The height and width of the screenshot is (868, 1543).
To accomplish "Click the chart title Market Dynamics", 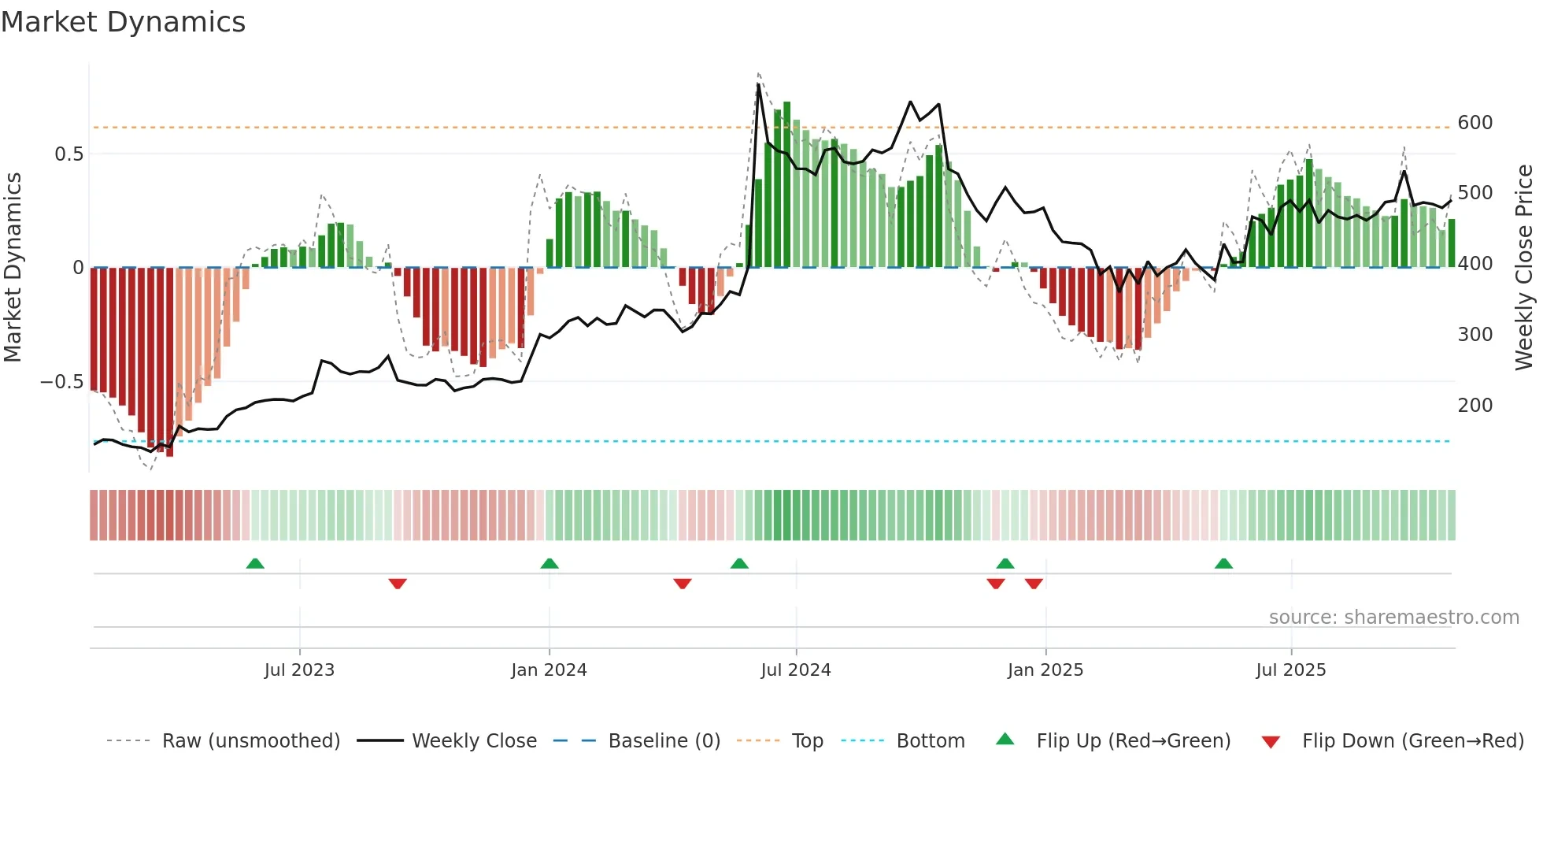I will click(124, 22).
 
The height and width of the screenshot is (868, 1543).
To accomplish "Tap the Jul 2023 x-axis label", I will click(299, 670).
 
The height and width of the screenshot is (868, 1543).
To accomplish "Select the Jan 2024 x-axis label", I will click(549, 670).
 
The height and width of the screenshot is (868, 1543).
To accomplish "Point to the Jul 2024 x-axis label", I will click(795, 670).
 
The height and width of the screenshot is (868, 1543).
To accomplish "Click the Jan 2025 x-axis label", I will click(1045, 670).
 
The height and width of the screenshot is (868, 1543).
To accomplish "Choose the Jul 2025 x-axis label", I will click(1290, 670).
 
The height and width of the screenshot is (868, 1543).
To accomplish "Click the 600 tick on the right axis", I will click(1475, 123).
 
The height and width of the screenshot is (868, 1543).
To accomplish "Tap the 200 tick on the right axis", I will click(1475, 406).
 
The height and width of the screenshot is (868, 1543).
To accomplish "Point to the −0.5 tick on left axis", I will click(61, 382).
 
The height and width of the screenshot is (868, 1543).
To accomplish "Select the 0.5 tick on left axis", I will click(68, 154).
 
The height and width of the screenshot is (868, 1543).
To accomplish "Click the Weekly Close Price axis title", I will click(1524, 268).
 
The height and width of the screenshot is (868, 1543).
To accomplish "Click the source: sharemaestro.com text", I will click(1393, 618).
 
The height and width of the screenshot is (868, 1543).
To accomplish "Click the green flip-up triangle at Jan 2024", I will click(549, 564).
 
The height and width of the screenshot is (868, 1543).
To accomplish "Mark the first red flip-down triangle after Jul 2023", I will click(398, 583).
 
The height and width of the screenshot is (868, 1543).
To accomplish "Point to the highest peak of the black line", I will click(758, 84).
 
